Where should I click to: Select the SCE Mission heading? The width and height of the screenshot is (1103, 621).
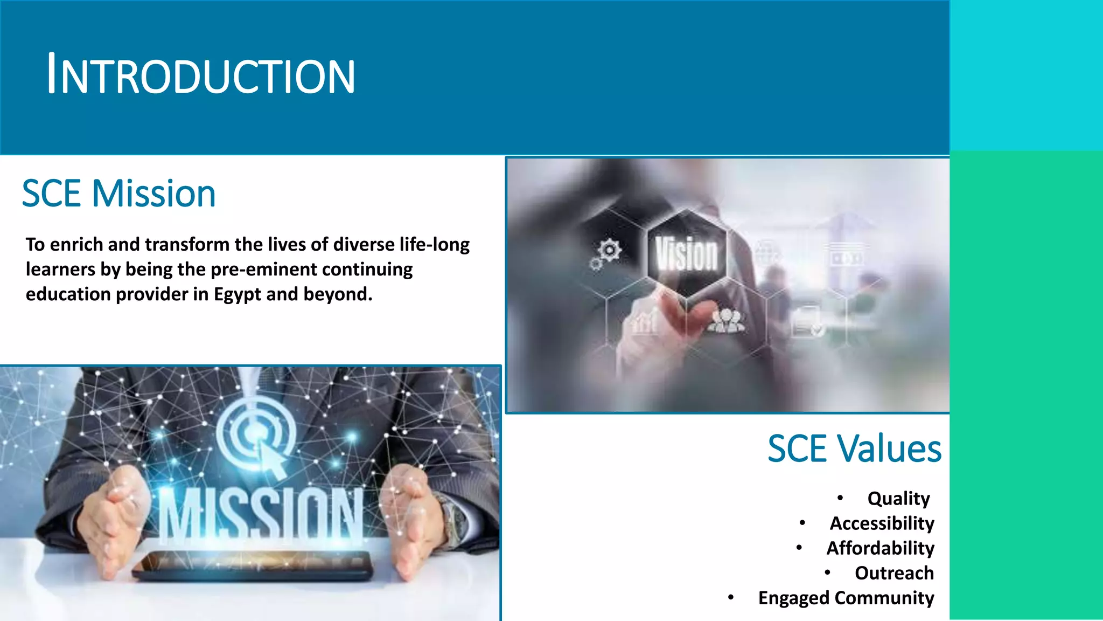click(118, 194)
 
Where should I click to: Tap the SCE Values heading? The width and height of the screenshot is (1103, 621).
click(854, 448)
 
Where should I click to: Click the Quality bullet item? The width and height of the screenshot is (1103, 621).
click(898, 499)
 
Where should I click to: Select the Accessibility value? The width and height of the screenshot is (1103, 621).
click(882, 523)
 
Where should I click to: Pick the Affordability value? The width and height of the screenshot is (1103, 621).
click(880, 548)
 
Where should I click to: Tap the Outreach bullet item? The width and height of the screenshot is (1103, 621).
click(894, 573)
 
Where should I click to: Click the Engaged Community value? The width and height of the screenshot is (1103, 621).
click(846, 598)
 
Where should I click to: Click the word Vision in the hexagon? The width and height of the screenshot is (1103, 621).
click(686, 254)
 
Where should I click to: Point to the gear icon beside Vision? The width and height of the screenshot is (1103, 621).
click(609, 250)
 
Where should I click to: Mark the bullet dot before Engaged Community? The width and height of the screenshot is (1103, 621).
click(731, 597)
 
